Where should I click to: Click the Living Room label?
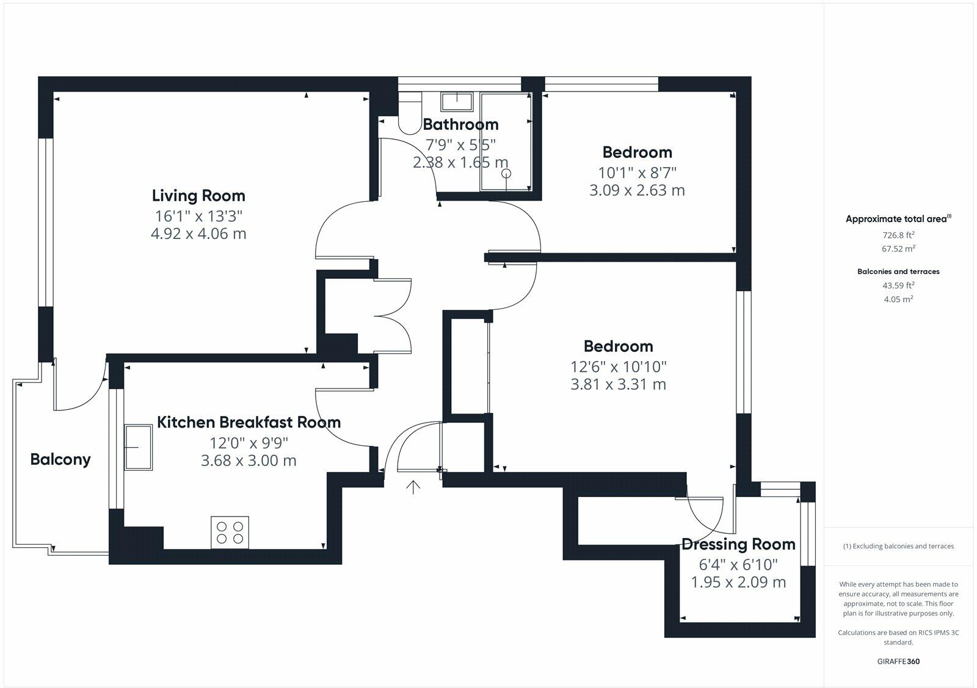coord(198,196)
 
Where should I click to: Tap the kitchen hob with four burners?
coord(230,532)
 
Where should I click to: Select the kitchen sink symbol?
coord(139,448)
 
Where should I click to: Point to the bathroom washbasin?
coord(457,101)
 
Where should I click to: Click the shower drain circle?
coord(506,174)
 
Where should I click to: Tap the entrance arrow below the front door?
coord(414,487)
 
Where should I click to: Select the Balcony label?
coord(60,459)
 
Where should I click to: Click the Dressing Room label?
coord(738,544)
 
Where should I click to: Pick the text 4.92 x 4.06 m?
coord(198,234)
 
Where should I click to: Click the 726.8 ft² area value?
coord(898,235)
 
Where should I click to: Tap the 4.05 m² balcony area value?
coord(898,299)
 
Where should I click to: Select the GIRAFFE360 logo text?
coord(898,661)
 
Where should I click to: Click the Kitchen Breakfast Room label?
coord(249,422)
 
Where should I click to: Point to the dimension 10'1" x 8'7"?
coord(637,173)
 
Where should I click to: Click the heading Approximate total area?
coord(896,219)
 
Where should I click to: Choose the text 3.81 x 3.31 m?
coord(618,384)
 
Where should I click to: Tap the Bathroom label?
coord(460,124)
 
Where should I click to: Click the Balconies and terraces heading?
coord(898,271)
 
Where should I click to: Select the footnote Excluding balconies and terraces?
coord(898,546)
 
